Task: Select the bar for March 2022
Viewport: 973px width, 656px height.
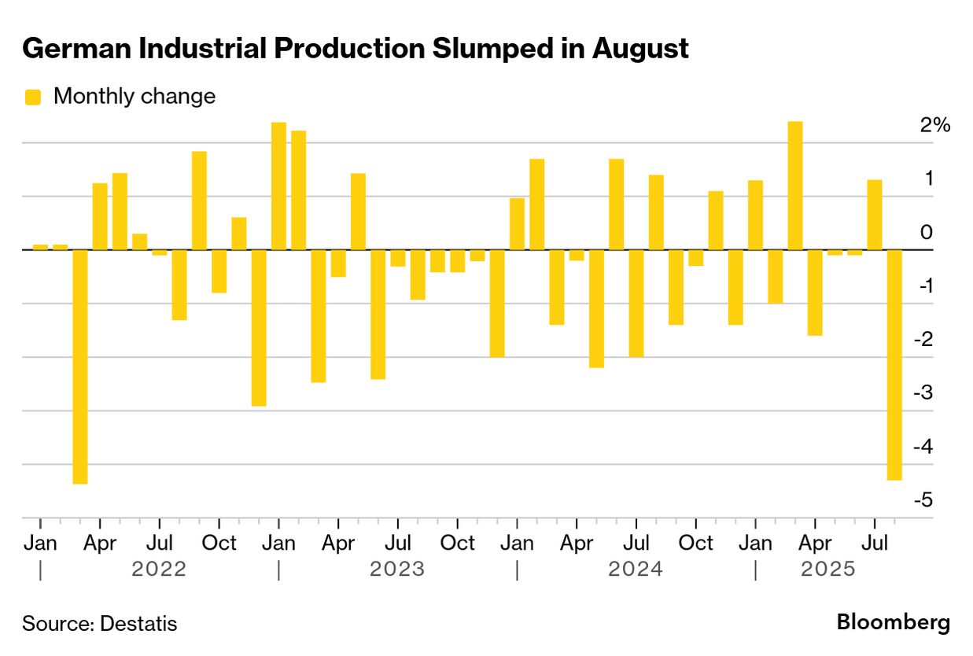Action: [80, 367]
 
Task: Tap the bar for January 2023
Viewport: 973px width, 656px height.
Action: [278, 186]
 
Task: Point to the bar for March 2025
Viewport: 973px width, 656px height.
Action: [795, 186]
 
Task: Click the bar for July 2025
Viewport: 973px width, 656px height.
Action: [875, 215]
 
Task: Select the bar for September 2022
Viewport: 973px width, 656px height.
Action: [199, 201]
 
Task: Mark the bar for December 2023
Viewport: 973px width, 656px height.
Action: [497, 304]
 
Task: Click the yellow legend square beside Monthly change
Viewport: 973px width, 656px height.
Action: [33, 97]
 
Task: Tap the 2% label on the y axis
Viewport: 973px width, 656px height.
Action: [936, 125]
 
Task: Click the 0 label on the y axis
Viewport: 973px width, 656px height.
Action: [927, 233]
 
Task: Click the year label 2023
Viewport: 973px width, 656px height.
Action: [397, 569]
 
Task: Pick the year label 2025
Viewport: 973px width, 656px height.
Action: [827, 569]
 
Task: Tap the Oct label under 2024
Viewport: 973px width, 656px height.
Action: [696, 543]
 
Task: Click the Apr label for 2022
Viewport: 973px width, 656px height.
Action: [100, 543]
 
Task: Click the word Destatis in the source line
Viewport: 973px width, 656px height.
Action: [138, 624]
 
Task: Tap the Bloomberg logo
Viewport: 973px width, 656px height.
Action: [893, 623]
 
